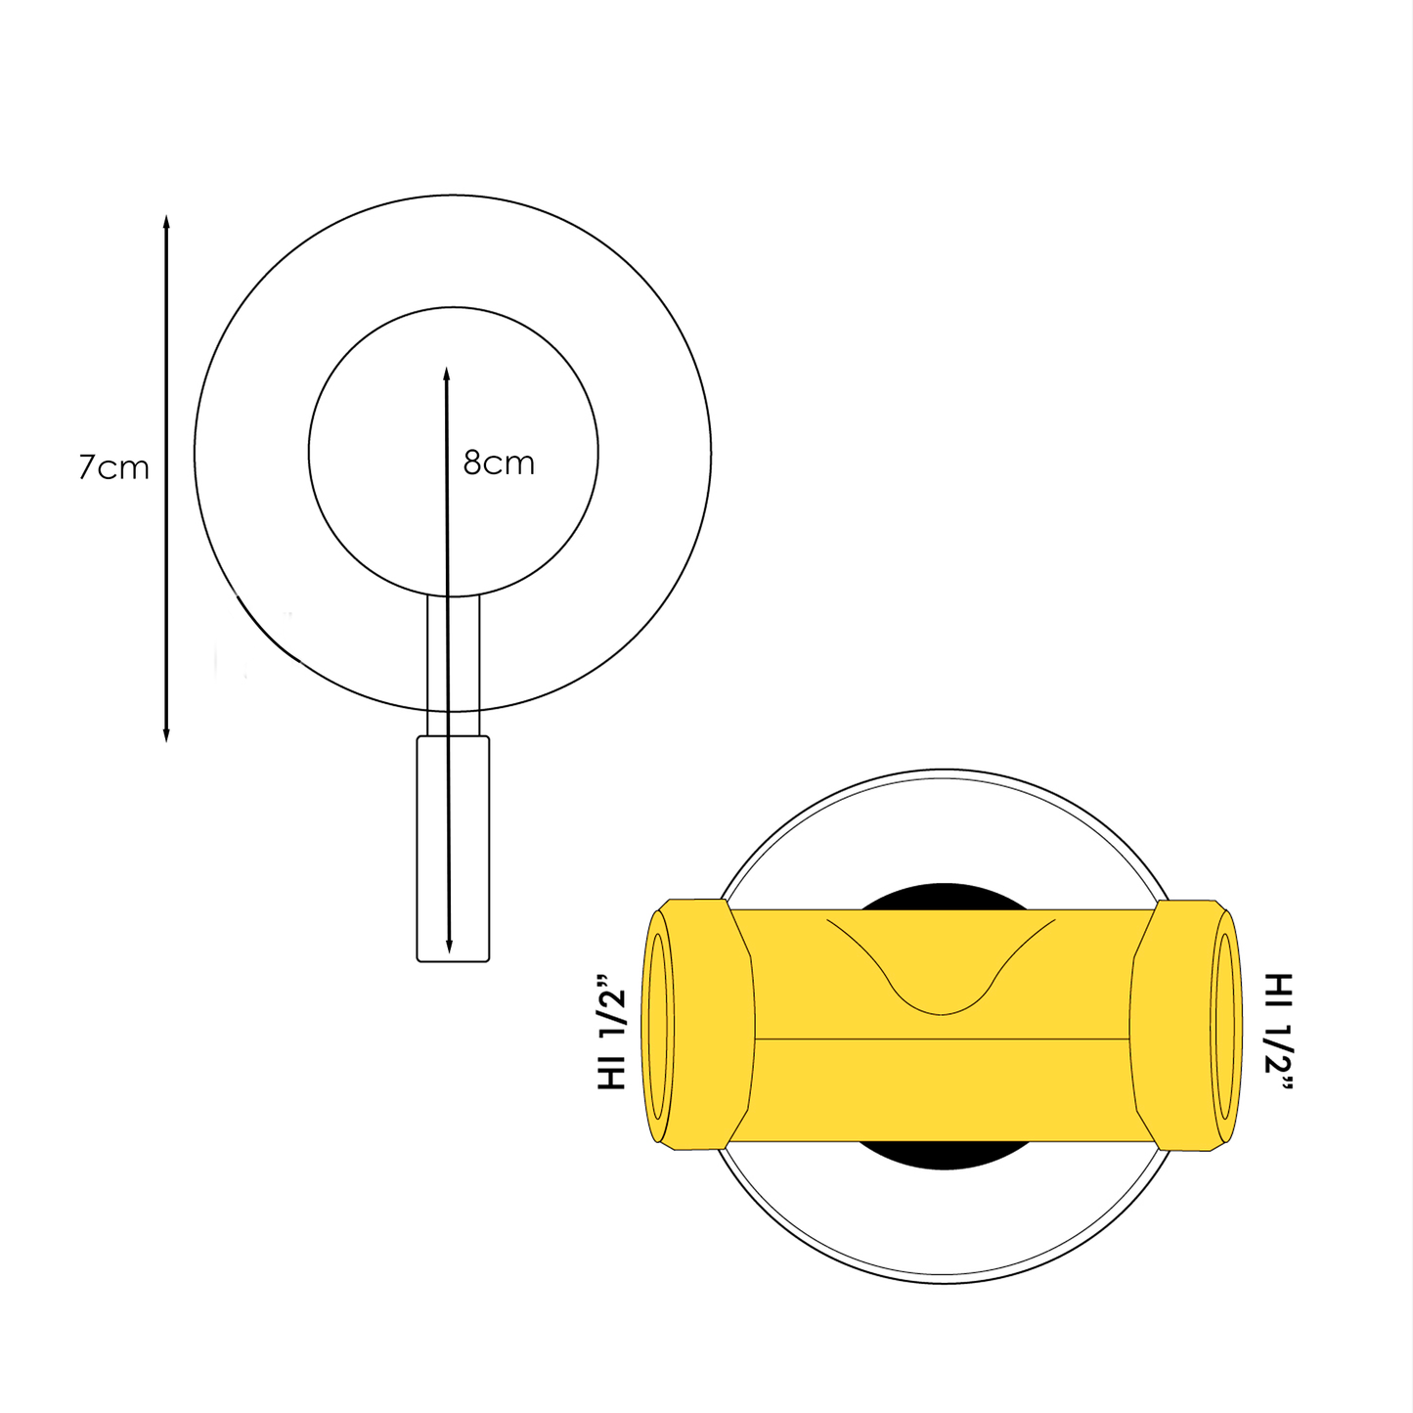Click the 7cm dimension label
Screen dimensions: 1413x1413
click(x=113, y=467)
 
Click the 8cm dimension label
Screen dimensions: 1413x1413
click(x=499, y=464)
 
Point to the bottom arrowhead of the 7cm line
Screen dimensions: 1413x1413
click(x=166, y=734)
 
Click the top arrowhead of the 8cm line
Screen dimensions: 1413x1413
click(x=446, y=374)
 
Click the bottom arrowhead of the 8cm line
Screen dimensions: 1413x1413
click(x=449, y=946)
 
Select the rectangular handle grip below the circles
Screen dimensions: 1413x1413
click(x=453, y=849)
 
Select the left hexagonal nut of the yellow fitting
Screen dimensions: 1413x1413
click(x=704, y=1025)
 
